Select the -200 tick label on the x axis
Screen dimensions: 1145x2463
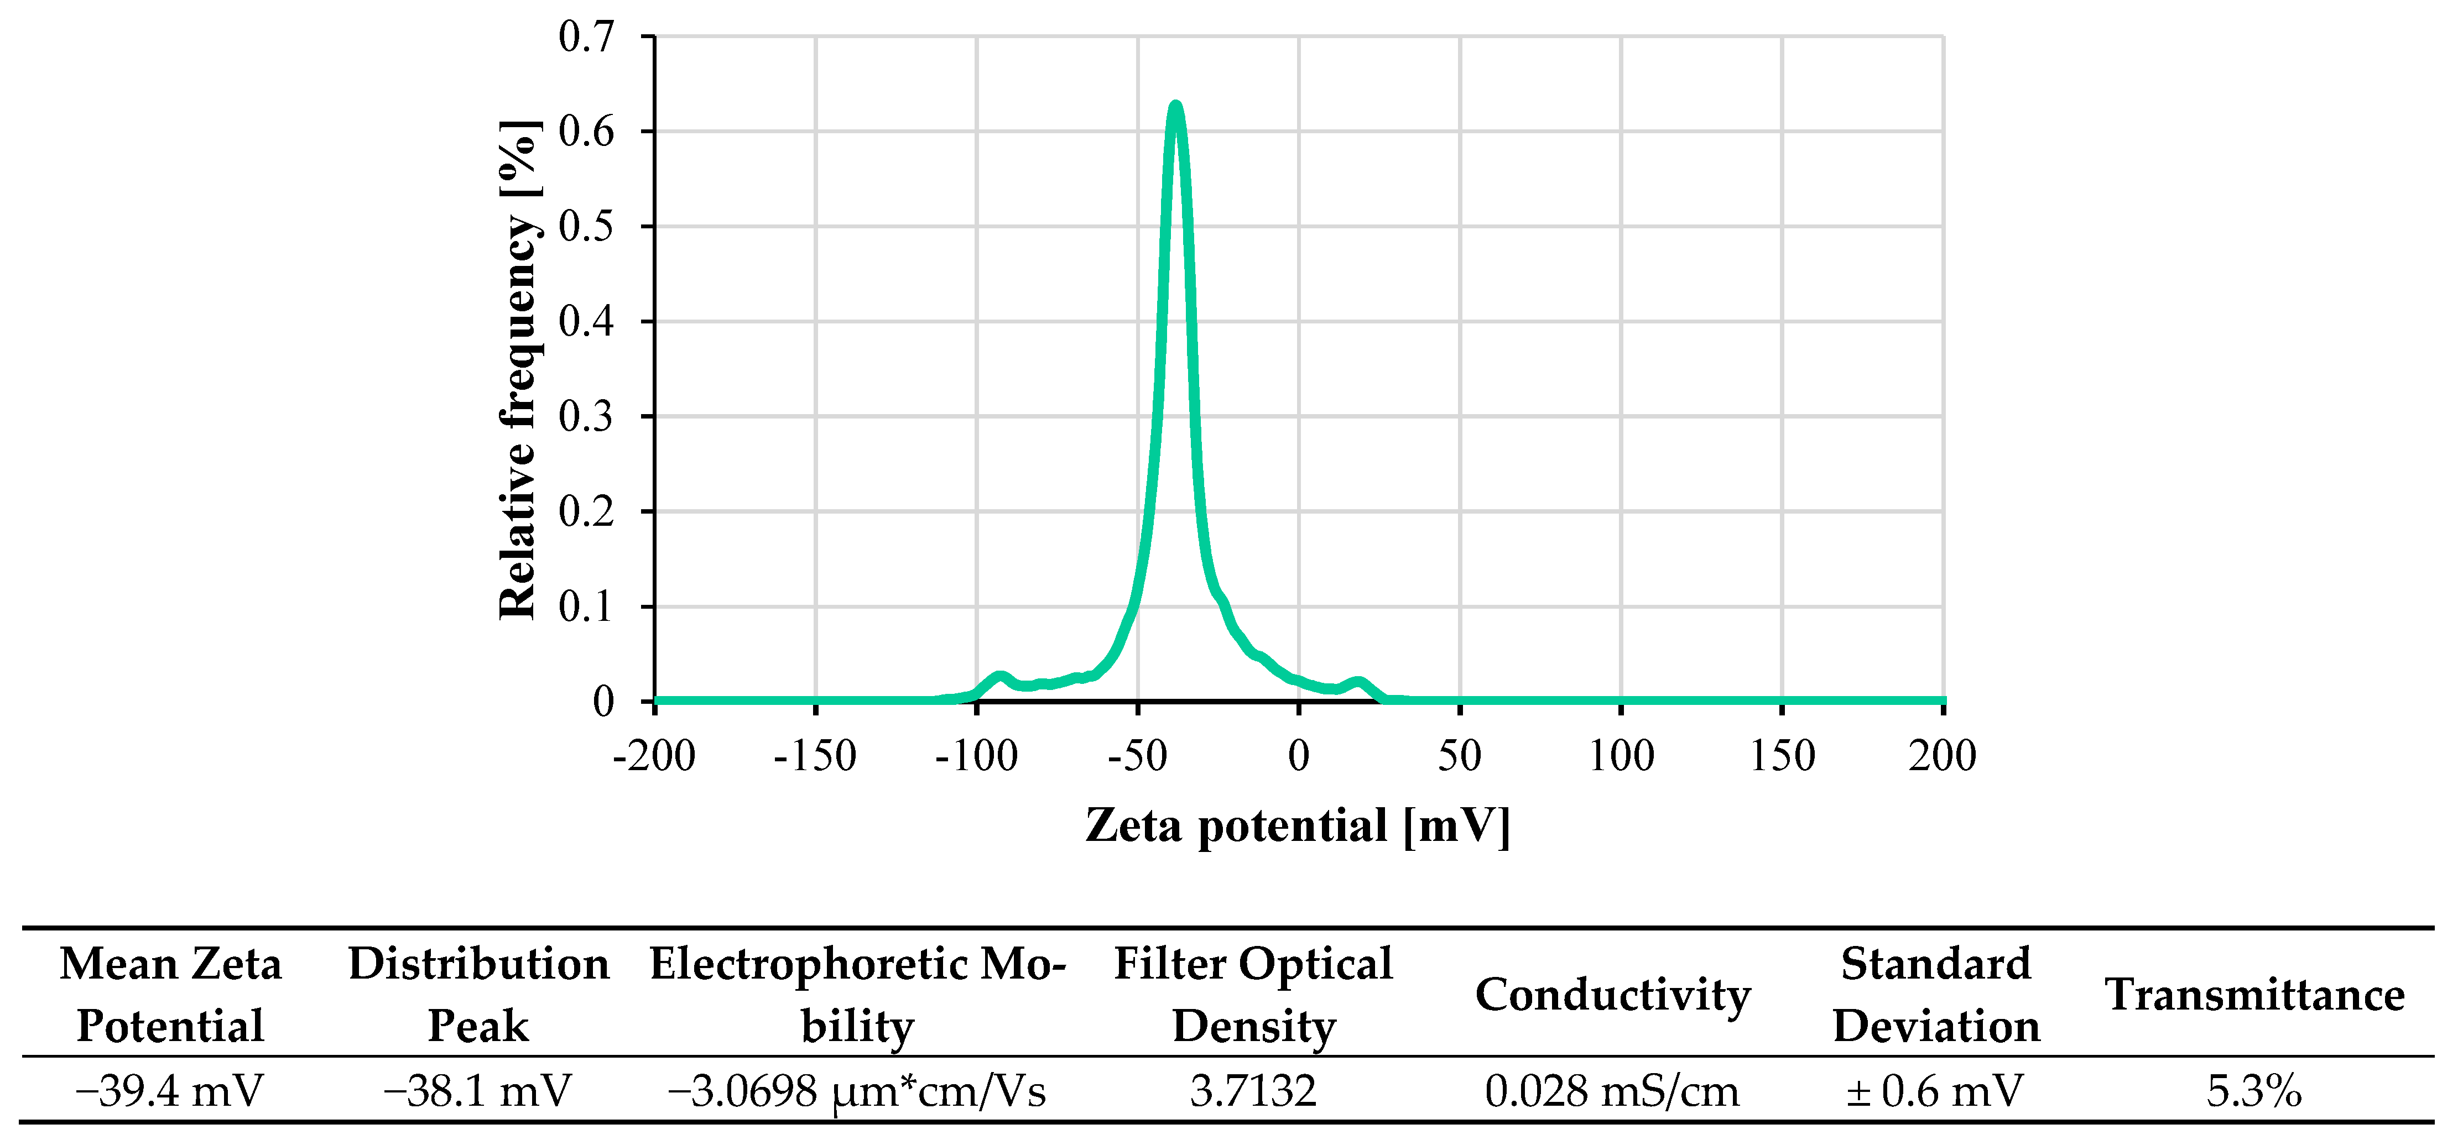(654, 756)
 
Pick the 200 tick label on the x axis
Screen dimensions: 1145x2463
(1942, 756)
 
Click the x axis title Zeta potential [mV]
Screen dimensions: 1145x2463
(1298, 826)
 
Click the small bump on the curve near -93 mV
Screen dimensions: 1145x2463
(999, 677)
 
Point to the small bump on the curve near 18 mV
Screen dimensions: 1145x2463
(1358, 682)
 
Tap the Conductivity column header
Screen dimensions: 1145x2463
(1612, 995)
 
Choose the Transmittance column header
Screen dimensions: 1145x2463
(2253, 995)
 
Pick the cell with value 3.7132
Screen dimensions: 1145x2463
(1253, 1090)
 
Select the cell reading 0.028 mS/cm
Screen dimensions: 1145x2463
(1612, 1090)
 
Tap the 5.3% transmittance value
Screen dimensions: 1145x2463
(2253, 1090)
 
